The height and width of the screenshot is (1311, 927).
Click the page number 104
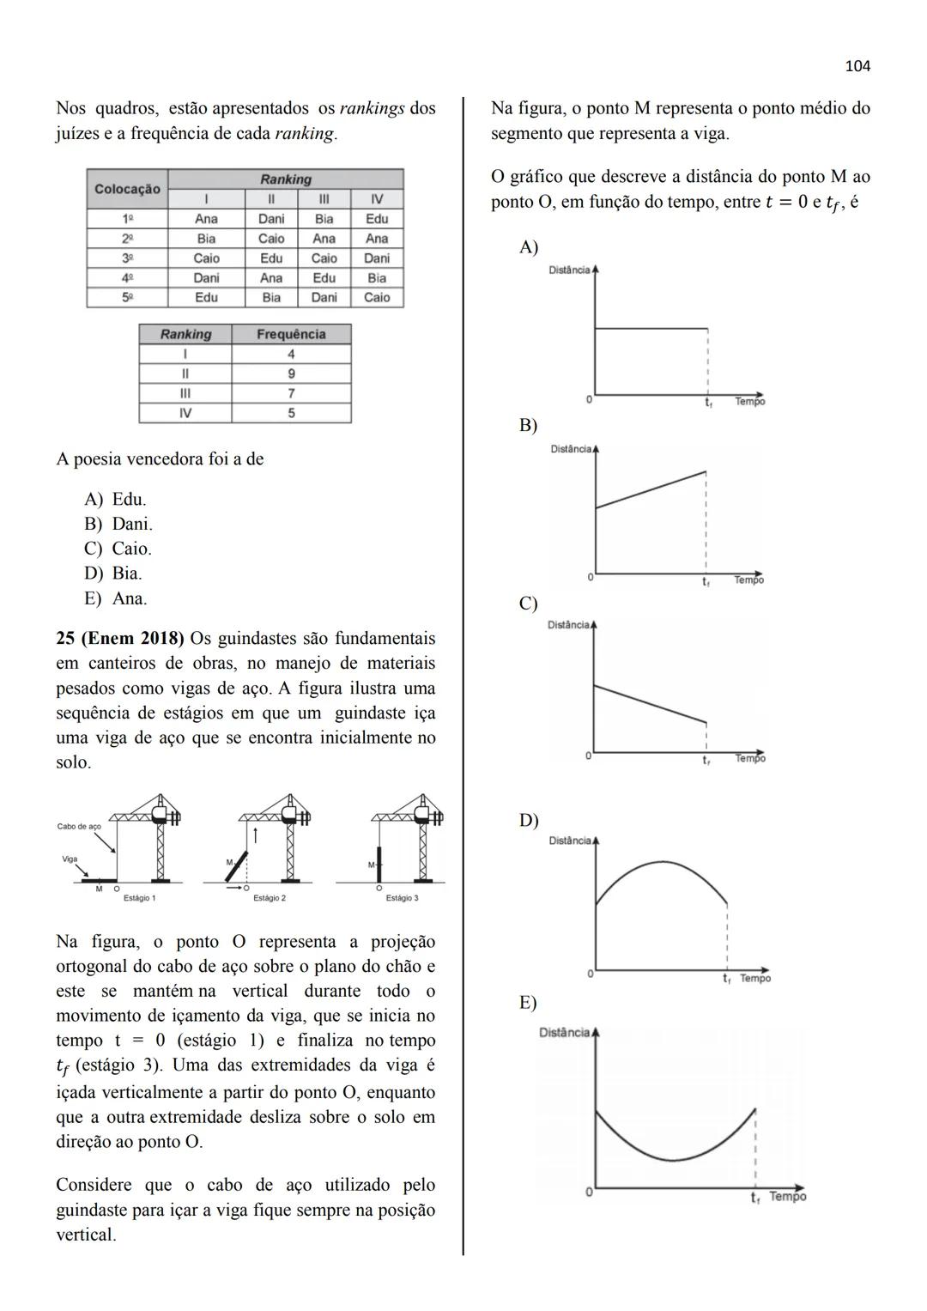[x=857, y=66]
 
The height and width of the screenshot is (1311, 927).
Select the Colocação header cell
[x=127, y=189]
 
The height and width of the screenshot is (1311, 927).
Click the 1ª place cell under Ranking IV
[x=376, y=219]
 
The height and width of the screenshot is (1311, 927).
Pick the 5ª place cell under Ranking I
[x=206, y=297]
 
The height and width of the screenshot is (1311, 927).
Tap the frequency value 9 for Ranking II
[x=291, y=373]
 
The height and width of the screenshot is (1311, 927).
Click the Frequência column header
[x=291, y=334]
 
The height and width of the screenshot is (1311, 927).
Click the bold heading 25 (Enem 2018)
[x=120, y=639]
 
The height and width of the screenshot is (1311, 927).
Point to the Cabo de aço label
[x=79, y=827]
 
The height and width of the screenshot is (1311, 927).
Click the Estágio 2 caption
[x=270, y=898]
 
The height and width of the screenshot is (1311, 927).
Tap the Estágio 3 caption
[x=402, y=898]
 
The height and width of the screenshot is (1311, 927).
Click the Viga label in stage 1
[x=70, y=859]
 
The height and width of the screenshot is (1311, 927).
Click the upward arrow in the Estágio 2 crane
[x=255, y=834]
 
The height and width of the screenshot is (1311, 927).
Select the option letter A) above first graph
[x=529, y=247]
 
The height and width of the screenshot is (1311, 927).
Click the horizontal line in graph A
[x=651, y=328]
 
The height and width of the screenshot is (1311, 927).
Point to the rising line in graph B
[x=651, y=489]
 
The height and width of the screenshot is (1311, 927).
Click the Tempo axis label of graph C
[x=749, y=758]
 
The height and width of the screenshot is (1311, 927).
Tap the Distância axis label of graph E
[x=564, y=1032]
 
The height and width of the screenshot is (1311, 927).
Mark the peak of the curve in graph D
[x=661, y=861]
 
